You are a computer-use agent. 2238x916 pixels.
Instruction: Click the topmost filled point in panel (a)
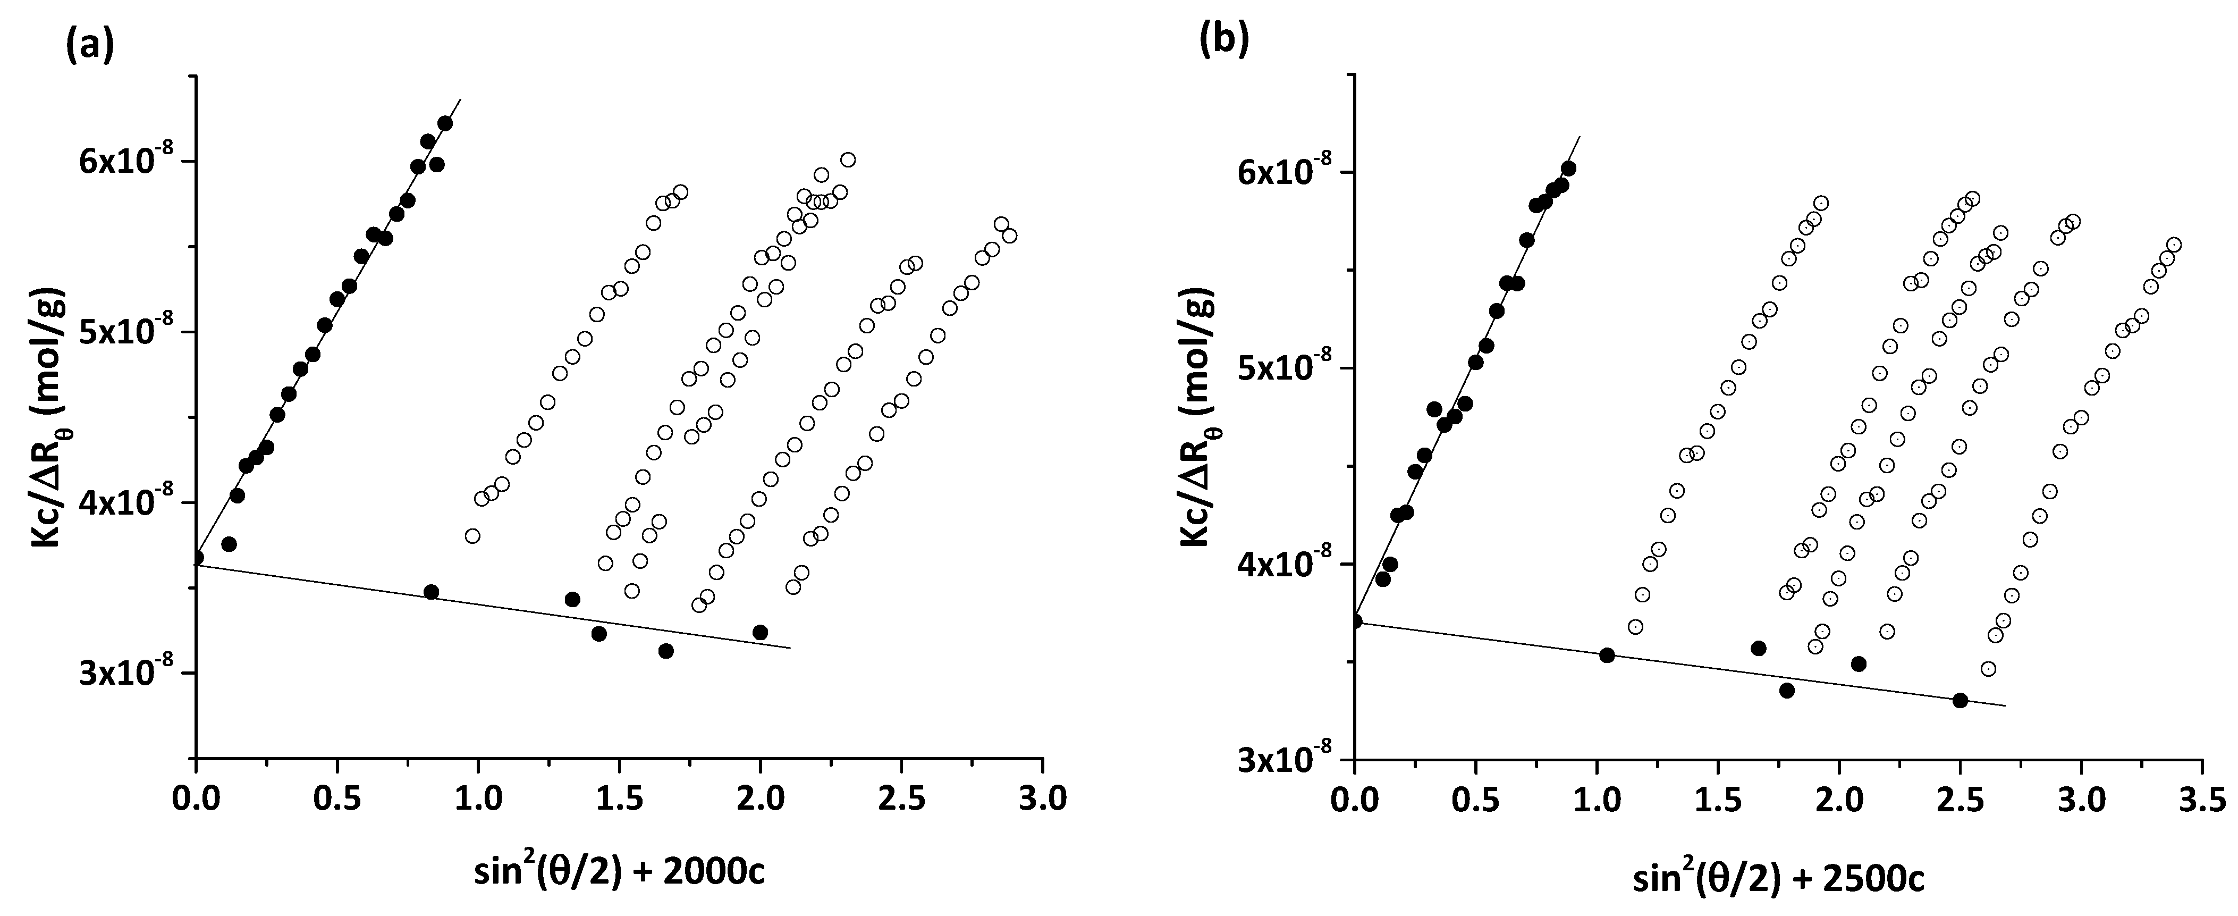445,123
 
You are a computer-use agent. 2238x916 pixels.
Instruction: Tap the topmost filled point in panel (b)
1568,169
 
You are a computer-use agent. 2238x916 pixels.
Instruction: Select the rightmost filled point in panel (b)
1959,701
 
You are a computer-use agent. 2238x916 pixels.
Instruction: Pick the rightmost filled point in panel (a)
760,632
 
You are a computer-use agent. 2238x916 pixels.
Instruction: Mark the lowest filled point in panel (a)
665,651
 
